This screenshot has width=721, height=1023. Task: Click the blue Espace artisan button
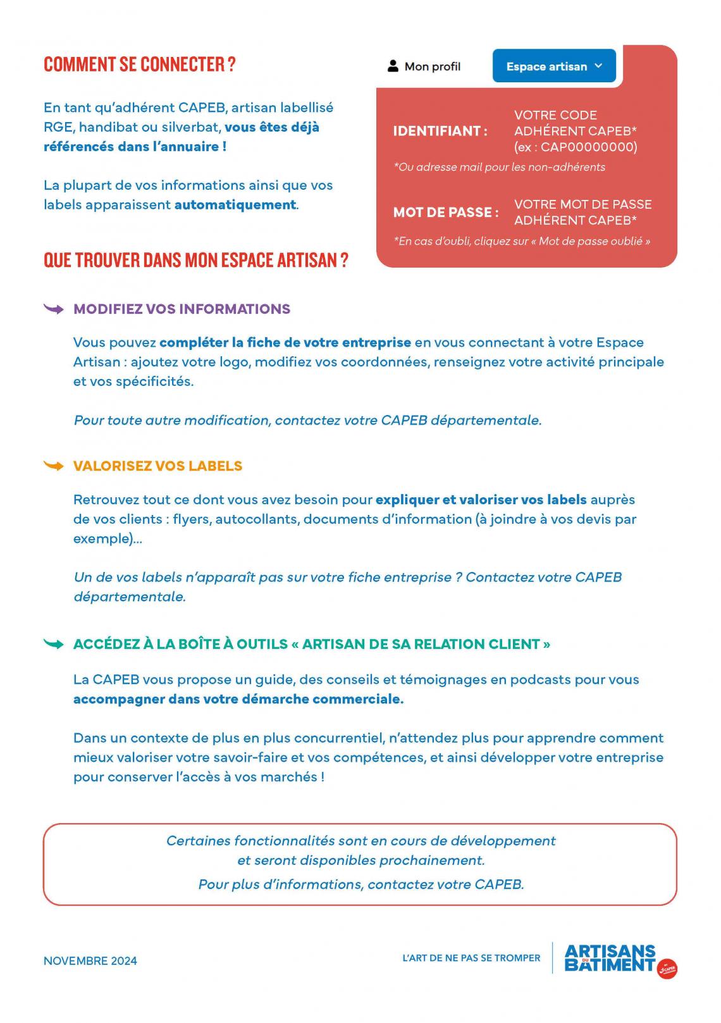(553, 66)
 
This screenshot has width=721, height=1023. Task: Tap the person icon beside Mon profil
(393, 66)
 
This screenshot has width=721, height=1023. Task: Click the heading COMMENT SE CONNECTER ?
(140, 65)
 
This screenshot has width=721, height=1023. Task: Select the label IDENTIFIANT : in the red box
(440, 132)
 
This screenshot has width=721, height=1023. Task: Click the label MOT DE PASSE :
(446, 213)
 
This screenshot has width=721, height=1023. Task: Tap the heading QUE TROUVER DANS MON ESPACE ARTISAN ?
(196, 260)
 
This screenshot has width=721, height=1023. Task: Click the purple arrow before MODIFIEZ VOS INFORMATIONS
(54, 309)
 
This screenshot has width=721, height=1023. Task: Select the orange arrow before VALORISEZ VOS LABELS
(54, 466)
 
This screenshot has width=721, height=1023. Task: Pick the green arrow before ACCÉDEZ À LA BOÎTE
(54, 644)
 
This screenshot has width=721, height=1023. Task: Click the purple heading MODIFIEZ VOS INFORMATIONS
(182, 309)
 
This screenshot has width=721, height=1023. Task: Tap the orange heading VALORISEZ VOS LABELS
(157, 466)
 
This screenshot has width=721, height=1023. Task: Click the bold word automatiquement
(235, 205)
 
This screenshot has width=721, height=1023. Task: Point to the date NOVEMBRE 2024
(90, 960)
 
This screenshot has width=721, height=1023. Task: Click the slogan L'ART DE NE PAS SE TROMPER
(471, 958)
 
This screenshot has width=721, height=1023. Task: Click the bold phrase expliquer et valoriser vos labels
(481, 500)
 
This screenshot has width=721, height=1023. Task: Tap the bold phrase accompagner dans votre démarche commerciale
(238, 699)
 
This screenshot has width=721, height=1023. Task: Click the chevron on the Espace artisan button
(599, 66)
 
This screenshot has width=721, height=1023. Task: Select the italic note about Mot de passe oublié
(522, 241)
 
